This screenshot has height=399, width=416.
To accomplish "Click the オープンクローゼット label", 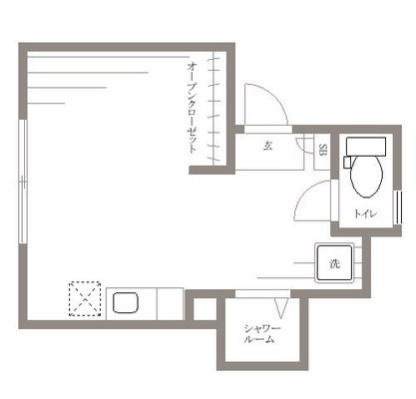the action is pos(192,108).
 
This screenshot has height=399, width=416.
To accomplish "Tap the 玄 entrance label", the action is pos(268,146).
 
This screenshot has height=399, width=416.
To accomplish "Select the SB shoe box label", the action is pos(322,150).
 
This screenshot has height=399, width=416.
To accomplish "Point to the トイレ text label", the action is pos(366,213).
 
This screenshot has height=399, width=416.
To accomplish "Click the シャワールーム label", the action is pos(262,334).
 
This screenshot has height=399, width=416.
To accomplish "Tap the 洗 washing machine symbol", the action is pos(334,263).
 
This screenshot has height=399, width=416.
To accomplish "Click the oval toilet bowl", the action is pos(366,176).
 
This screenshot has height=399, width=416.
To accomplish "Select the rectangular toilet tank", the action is pos(366,146).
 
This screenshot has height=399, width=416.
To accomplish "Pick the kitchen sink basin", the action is pos(126,302).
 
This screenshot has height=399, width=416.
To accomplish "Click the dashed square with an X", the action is pos(85,298).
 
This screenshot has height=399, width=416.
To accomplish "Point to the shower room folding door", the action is pos(281,308).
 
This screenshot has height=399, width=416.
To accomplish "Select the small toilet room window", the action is pos(398,207).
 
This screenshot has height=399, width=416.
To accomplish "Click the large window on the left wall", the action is pos(23,182).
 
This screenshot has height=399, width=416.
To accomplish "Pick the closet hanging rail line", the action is pos(213,108).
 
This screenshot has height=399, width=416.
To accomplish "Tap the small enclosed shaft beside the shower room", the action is pos(205,309).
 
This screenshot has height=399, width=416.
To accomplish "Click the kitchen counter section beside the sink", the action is pos(170,304).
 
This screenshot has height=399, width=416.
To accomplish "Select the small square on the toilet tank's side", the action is pos(347,163).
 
